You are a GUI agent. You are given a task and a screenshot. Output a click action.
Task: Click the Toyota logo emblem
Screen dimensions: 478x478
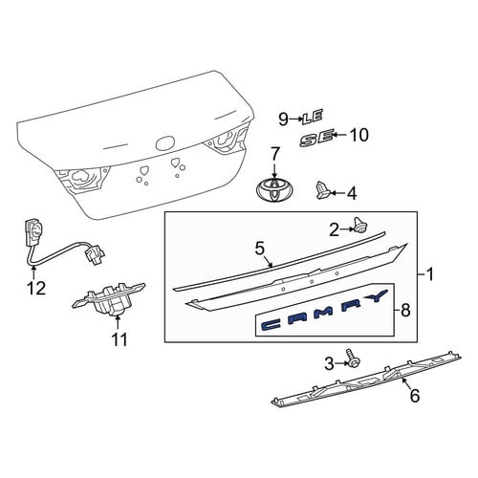click(274, 189)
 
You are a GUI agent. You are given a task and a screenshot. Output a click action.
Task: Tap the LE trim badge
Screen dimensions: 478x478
click(313, 117)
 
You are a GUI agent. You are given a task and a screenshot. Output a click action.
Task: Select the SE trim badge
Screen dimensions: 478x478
click(316, 138)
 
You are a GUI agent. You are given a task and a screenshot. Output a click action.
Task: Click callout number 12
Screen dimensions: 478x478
click(36, 289)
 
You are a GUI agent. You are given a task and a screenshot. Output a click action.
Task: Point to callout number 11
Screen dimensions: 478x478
click(119, 339)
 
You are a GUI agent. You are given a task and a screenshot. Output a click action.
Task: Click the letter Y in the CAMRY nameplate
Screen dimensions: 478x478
click(376, 296)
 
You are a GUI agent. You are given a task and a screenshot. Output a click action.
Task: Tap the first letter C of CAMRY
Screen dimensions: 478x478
click(272, 325)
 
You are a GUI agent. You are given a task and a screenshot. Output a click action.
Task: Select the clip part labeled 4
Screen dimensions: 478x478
click(323, 190)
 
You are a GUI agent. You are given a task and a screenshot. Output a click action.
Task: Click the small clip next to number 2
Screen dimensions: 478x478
click(359, 225)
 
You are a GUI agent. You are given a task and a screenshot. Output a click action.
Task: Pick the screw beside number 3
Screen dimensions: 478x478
click(352, 359)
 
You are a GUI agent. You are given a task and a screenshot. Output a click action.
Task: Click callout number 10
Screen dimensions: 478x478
click(359, 135)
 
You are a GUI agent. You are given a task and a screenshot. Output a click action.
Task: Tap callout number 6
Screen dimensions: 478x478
click(415, 396)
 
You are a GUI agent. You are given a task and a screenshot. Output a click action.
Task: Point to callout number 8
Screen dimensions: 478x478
click(405, 310)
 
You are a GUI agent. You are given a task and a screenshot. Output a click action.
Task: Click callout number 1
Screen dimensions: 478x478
click(430, 274)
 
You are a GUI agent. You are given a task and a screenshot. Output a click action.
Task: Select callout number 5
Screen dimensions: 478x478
click(260, 249)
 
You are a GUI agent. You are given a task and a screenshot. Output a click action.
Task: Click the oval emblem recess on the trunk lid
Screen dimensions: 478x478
click(165, 143)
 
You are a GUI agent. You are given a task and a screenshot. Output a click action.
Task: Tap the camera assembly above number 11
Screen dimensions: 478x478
click(108, 297)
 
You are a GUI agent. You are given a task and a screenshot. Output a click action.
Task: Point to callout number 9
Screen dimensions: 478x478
click(283, 119)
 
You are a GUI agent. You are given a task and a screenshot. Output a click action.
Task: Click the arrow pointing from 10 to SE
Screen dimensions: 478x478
click(340, 135)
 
